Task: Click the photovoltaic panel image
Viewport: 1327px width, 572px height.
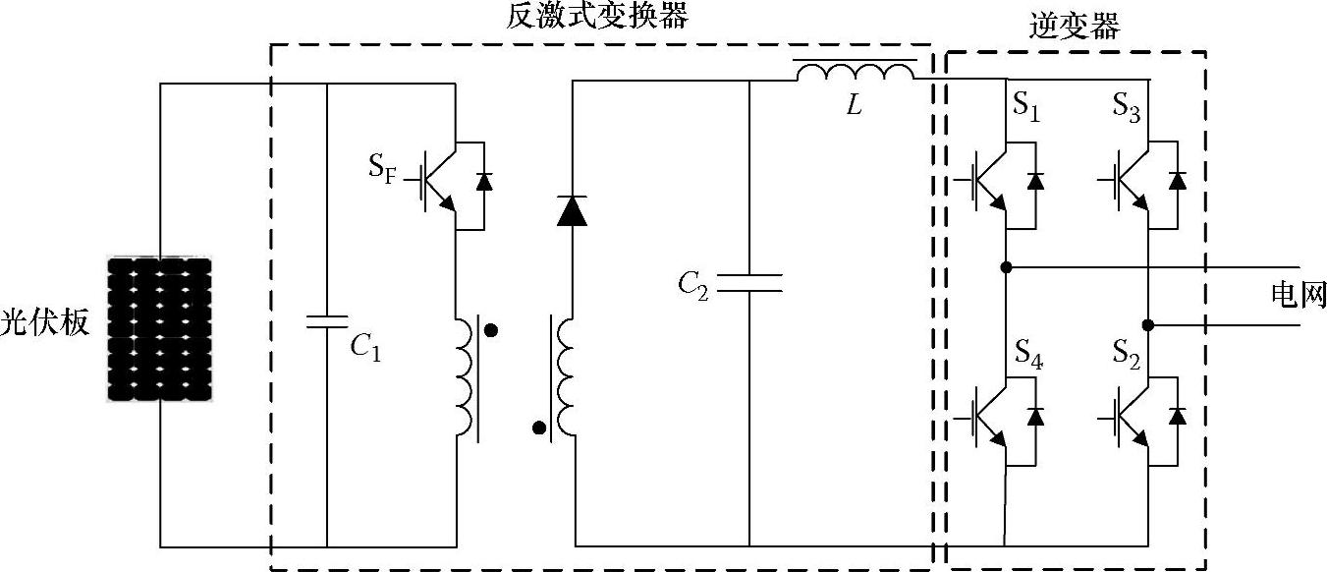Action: (159, 329)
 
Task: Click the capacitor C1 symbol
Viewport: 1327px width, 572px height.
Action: (326, 321)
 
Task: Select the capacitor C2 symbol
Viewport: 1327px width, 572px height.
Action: (748, 283)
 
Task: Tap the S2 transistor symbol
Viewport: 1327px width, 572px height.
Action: (1132, 418)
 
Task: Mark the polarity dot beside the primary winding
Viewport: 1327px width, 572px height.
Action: (491, 331)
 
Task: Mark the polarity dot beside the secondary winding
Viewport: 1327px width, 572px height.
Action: (538, 428)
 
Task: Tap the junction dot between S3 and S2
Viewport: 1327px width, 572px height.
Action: (1147, 324)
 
